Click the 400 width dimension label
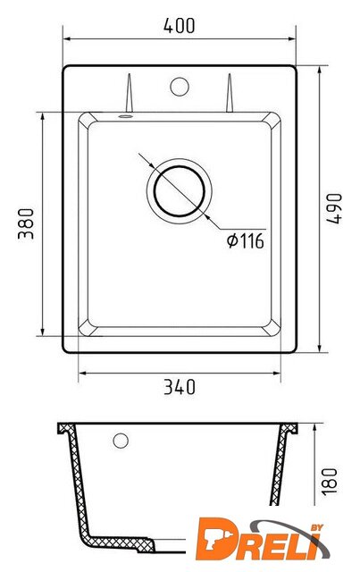coord(179,26)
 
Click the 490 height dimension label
coord(334,208)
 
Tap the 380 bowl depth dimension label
coord(26,223)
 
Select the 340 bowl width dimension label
coord(180,387)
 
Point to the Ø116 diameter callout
coord(245,240)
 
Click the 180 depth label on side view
coord(330,481)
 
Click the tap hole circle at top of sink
coord(180,87)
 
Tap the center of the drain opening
coord(179,190)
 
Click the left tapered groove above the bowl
coord(129,93)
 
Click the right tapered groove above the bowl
coord(230,93)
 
